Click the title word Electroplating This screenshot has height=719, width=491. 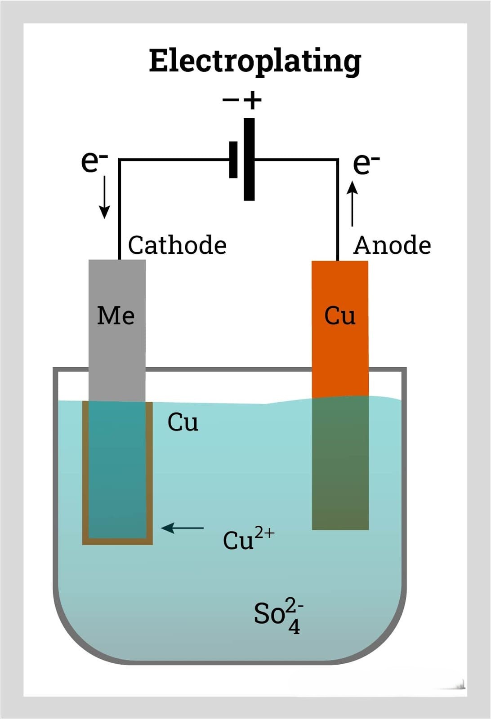click(x=255, y=62)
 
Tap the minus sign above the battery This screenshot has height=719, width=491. click(x=231, y=100)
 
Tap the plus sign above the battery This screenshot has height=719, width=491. click(x=253, y=100)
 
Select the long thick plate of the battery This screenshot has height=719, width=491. click(x=249, y=160)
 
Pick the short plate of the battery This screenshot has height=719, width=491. click(x=233, y=160)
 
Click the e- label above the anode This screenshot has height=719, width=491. click(x=366, y=164)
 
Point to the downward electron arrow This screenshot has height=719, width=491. click(x=104, y=197)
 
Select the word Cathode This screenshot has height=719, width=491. click(x=177, y=245)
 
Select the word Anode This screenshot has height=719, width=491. click(x=392, y=245)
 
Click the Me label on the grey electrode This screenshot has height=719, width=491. click(x=116, y=316)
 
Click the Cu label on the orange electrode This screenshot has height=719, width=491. click(x=340, y=316)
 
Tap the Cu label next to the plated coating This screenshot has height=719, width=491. click(x=183, y=422)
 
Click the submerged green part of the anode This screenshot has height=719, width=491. click(x=340, y=463)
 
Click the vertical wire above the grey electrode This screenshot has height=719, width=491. click(x=120, y=209)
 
